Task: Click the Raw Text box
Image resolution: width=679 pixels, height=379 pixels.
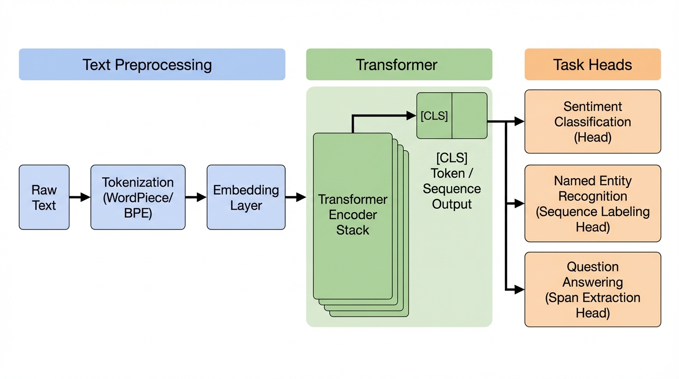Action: coord(44,197)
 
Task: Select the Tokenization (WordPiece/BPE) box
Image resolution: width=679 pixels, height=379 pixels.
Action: coord(138,197)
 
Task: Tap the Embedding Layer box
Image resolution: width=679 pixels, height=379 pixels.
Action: coord(246,197)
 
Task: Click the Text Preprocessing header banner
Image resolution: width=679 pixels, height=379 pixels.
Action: coord(152,64)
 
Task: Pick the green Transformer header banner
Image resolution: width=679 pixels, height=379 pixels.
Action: coord(399,64)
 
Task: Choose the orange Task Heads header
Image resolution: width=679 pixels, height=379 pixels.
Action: coord(592,64)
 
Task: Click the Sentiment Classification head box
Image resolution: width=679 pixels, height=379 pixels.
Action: coord(592,121)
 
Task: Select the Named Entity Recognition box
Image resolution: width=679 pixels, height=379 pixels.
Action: coord(592,203)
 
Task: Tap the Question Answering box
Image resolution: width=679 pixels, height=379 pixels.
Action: coord(592,289)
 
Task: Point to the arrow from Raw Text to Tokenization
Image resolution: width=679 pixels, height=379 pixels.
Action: coord(79,197)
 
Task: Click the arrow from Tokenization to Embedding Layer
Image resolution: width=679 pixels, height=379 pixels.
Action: coord(196,197)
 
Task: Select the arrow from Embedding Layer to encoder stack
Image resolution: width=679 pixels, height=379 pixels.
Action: coord(296,197)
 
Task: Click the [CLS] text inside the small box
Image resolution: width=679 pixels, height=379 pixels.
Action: coord(434,116)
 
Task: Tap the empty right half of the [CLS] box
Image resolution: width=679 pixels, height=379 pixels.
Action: coord(469,116)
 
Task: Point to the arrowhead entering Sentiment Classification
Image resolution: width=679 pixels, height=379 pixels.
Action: coord(519,121)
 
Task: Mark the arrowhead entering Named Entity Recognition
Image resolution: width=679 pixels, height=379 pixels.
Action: coord(519,203)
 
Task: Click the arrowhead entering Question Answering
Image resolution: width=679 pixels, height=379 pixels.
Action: coord(519,289)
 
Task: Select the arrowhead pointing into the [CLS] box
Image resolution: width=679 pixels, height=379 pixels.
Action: coord(411,115)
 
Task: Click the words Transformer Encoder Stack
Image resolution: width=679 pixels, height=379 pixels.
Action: coord(353,215)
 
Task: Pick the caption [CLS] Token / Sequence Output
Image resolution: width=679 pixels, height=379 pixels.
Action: coord(452,181)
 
